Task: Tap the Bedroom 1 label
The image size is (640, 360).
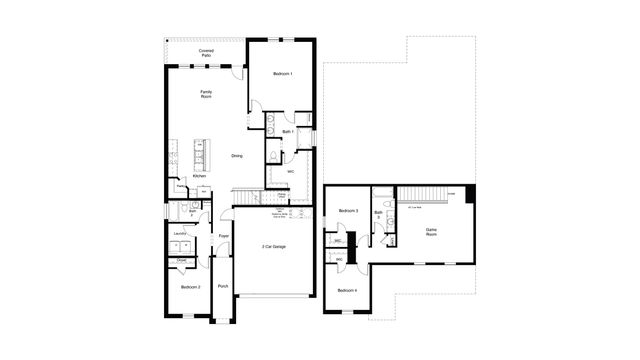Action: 283,74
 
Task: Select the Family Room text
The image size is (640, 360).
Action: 206,94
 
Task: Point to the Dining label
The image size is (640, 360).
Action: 237,156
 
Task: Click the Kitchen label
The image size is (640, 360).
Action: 199,176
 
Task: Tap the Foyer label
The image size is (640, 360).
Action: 223,236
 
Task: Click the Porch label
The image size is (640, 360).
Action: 222,287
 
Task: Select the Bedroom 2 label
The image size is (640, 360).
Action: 190,287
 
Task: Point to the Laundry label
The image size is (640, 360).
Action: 181,234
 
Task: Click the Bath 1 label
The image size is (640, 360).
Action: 287,131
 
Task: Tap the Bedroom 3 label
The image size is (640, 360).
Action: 348,211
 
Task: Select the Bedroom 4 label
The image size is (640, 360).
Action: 347,290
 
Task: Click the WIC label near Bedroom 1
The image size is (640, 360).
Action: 290,171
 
